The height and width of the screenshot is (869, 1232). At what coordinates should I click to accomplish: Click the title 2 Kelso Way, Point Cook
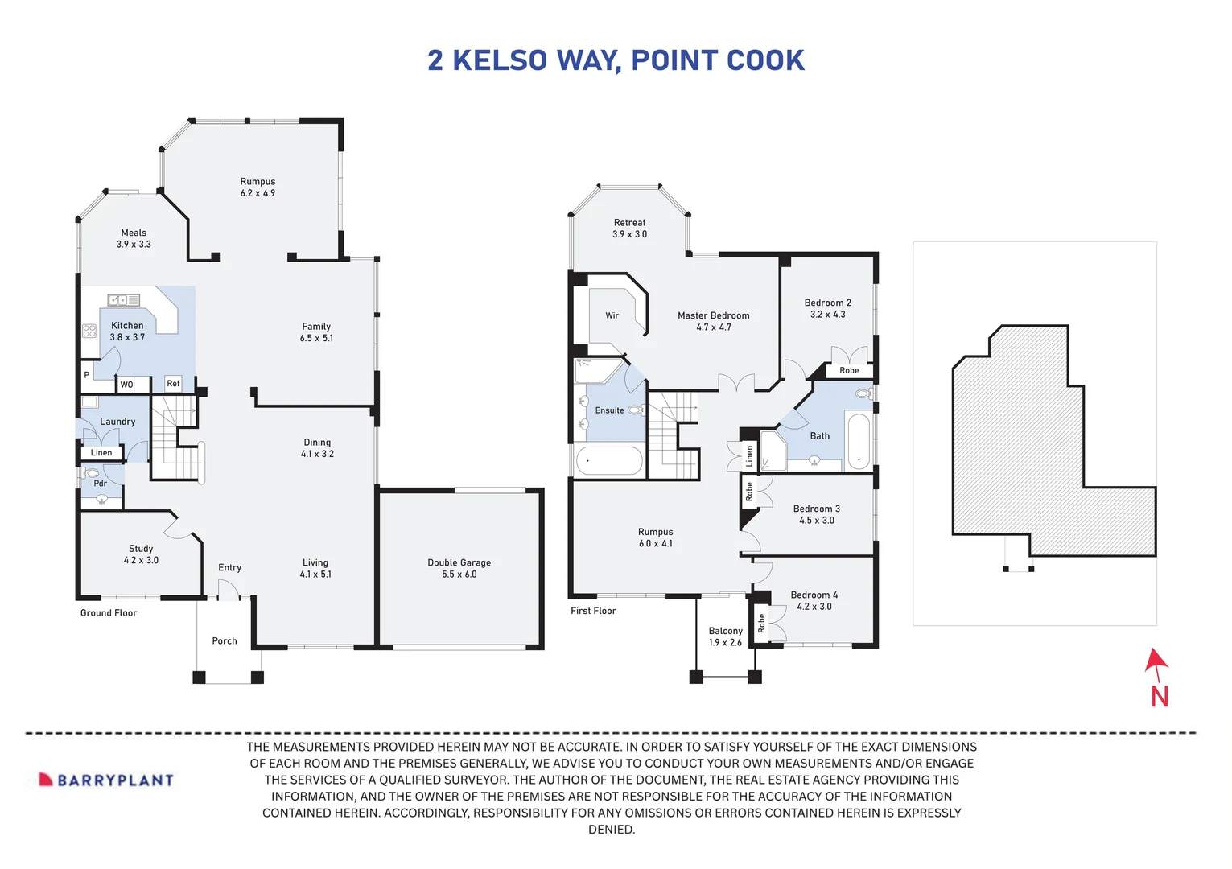point(616,60)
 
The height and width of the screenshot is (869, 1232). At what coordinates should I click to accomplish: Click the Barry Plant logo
point(107,780)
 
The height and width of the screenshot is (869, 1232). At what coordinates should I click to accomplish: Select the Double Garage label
point(459,562)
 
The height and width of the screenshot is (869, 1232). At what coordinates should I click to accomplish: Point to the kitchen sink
point(124,300)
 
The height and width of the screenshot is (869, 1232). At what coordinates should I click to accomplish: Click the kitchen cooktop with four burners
point(89,331)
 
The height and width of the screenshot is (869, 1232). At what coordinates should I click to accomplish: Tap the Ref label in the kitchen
point(173,384)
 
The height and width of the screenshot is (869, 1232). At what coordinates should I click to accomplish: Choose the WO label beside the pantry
point(126,385)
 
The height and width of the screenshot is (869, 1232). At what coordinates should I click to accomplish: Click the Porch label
point(225,641)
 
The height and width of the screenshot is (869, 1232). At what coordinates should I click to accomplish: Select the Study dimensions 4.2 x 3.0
point(141,560)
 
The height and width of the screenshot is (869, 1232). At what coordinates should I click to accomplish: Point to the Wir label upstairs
point(612,315)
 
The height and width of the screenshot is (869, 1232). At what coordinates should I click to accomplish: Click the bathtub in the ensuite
point(609,461)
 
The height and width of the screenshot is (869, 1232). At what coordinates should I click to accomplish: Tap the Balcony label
point(725,631)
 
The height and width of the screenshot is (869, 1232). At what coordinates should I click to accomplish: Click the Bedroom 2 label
point(827,303)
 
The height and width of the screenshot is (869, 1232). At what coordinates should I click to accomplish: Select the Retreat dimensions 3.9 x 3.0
point(629,234)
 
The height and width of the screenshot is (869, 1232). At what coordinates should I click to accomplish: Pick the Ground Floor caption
point(109,613)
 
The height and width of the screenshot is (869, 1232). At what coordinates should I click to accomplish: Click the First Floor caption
point(593,611)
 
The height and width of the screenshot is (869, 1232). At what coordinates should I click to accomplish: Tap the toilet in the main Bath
point(863,394)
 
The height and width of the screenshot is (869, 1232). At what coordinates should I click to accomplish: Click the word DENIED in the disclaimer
point(612,830)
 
